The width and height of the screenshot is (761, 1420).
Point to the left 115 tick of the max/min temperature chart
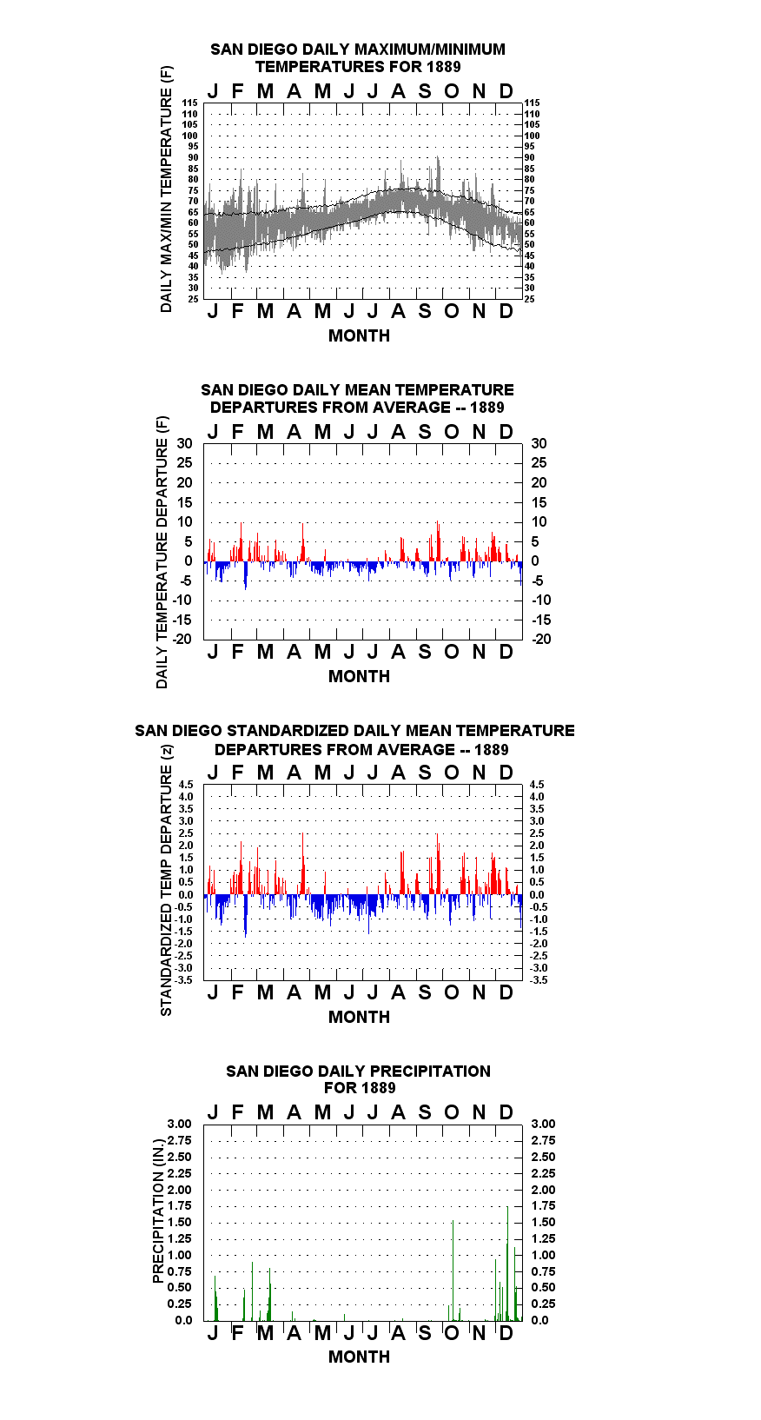pos(190,103)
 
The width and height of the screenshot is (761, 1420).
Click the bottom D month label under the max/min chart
pos(506,311)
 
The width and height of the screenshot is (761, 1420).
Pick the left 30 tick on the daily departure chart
pos(184,444)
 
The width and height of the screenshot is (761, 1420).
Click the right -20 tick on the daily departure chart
pos(541,639)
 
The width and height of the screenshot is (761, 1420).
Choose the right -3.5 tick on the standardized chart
pos(539,980)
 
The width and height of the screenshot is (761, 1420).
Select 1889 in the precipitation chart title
pos(378,1088)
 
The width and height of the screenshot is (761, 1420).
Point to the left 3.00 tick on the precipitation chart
pos(179,1124)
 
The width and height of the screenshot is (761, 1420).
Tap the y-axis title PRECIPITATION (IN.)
pos(158,1211)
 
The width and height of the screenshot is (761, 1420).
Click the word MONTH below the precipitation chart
pos(360,1357)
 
